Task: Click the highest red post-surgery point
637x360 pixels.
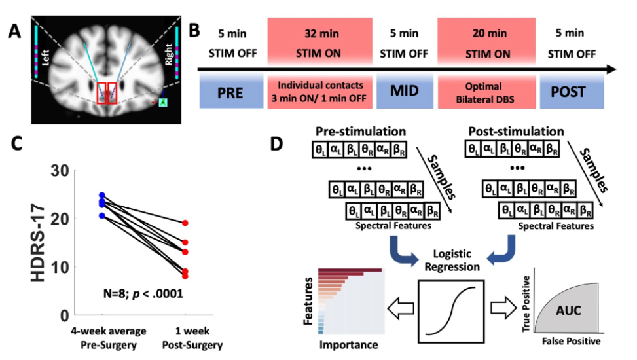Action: (x=186, y=223)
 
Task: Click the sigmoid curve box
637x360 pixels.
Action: (x=450, y=311)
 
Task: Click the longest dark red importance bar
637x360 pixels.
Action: (x=350, y=269)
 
